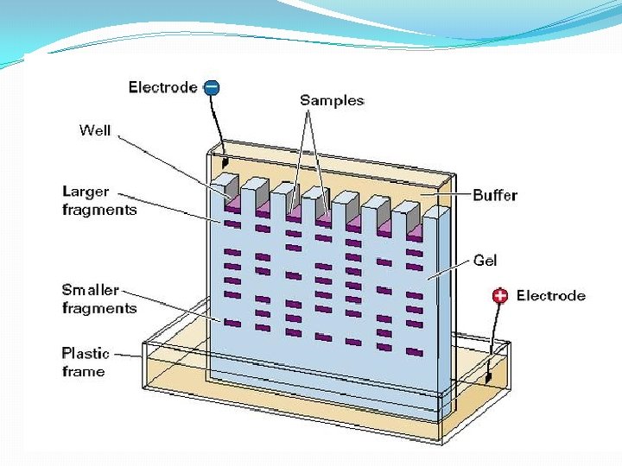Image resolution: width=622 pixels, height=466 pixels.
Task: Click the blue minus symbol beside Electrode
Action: click(212, 86)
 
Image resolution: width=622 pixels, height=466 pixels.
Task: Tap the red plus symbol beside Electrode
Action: click(499, 296)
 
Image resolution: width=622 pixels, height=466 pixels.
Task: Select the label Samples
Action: click(332, 100)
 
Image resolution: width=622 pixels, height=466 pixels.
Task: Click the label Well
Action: click(95, 130)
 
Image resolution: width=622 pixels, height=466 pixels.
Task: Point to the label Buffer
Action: click(495, 195)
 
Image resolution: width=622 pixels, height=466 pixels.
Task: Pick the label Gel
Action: click(485, 259)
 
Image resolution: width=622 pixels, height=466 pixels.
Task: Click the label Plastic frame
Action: click(86, 362)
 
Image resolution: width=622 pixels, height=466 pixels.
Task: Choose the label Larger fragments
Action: click(99, 200)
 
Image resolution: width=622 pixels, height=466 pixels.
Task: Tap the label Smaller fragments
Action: click(99, 299)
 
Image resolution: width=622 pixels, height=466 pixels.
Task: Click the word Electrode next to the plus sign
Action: click(551, 296)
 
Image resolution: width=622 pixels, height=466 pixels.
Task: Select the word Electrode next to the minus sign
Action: click(162, 86)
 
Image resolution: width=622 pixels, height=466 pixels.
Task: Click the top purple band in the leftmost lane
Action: click(232, 224)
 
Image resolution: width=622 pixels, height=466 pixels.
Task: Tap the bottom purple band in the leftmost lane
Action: click(232, 323)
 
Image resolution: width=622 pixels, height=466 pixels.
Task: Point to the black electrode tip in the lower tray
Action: click(488, 376)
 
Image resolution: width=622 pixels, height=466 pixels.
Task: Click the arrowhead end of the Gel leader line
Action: click(429, 278)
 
